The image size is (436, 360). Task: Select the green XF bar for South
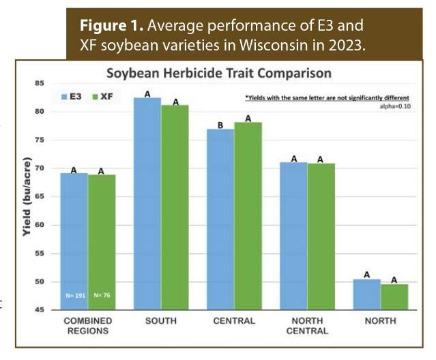click(175, 207)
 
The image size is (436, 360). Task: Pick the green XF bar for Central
click(248, 215)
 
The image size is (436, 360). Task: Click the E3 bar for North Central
click(293, 236)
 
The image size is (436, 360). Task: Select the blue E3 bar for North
click(367, 294)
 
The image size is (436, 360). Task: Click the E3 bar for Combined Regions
click(74, 241)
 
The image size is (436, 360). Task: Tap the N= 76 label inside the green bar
click(102, 296)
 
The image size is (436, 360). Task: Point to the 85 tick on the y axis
click(39, 83)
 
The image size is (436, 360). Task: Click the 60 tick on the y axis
click(39, 225)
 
